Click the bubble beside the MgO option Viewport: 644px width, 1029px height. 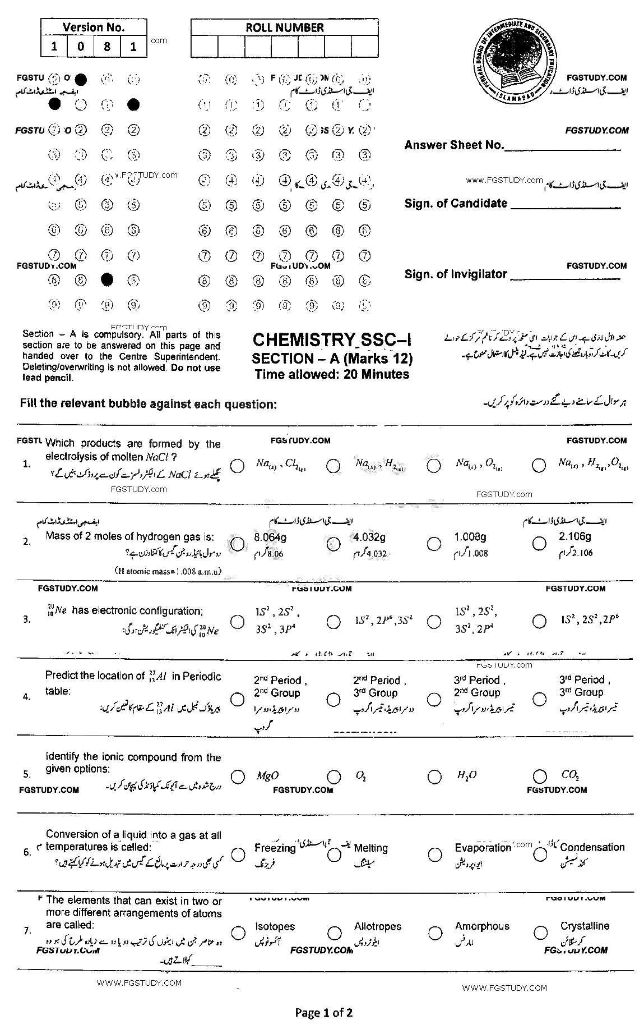click(238, 777)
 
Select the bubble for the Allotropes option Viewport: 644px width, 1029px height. click(334, 933)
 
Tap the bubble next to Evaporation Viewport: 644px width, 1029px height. click(435, 855)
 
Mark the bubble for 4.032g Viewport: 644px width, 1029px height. click(333, 543)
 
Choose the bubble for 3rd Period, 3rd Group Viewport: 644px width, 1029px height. click(539, 699)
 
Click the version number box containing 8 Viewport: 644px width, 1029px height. click(107, 47)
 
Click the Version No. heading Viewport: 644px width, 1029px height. click(94, 27)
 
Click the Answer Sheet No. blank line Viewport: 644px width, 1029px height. click(563, 150)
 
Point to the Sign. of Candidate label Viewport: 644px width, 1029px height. click(456, 204)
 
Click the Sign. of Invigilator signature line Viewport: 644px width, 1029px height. click(565, 279)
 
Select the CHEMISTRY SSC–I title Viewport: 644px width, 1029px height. click(332, 341)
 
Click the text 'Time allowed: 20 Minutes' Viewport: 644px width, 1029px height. click(332, 374)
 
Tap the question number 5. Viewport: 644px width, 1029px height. click(27, 774)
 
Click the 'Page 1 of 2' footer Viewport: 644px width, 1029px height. click(323, 1013)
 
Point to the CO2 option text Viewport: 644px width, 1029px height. click(569, 775)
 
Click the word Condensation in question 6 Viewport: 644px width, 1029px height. click(592, 847)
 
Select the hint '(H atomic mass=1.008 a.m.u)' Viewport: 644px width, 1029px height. click(168, 572)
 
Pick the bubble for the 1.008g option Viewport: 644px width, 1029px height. click(434, 543)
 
